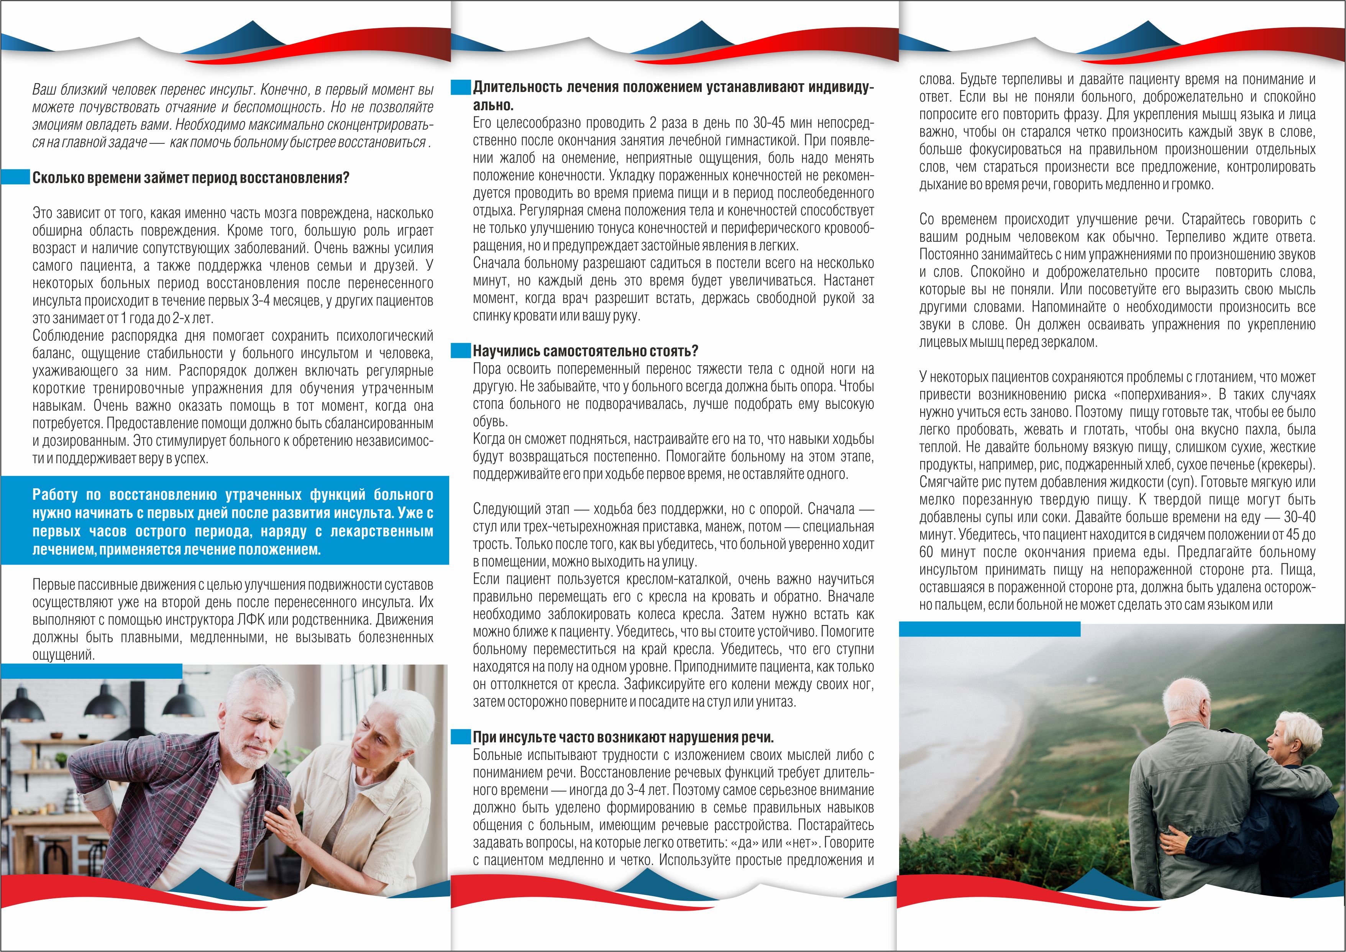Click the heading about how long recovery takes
click(190, 177)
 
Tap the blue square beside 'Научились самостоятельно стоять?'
click(461, 351)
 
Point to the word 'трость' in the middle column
click(490, 544)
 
